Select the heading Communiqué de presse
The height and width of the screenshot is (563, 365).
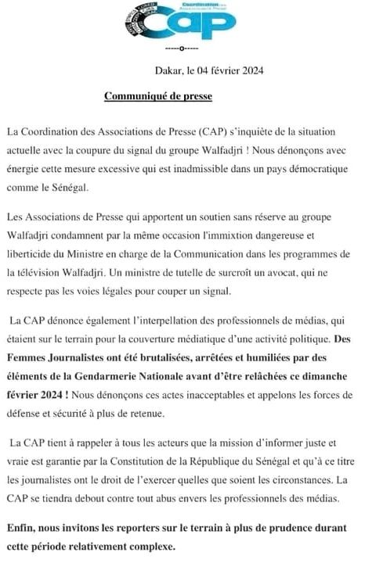point(158,97)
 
